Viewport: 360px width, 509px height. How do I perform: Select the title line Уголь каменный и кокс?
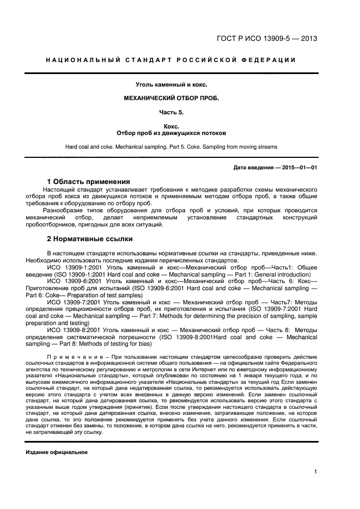(x=172, y=84)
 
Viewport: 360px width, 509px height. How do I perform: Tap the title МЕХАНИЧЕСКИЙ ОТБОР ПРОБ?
(x=172, y=99)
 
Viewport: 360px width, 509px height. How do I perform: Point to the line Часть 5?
(x=172, y=112)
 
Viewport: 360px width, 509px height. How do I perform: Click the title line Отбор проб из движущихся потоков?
(x=172, y=133)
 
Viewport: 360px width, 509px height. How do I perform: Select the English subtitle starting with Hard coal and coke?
(x=172, y=147)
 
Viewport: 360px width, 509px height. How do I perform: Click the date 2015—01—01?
(x=300, y=168)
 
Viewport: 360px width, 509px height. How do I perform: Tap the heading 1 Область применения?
(x=88, y=181)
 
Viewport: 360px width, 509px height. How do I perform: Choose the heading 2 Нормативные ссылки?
(x=89, y=238)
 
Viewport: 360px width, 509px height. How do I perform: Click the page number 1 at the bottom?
(x=315, y=472)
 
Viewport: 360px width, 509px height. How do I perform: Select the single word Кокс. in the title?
(x=172, y=126)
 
